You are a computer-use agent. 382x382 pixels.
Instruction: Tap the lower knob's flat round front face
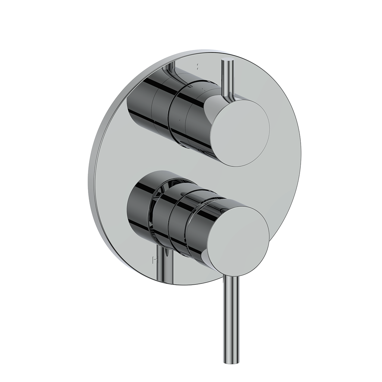(x=238, y=238)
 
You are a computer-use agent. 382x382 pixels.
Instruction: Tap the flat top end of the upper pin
(x=226, y=61)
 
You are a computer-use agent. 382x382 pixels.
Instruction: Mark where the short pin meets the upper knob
(x=226, y=98)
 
